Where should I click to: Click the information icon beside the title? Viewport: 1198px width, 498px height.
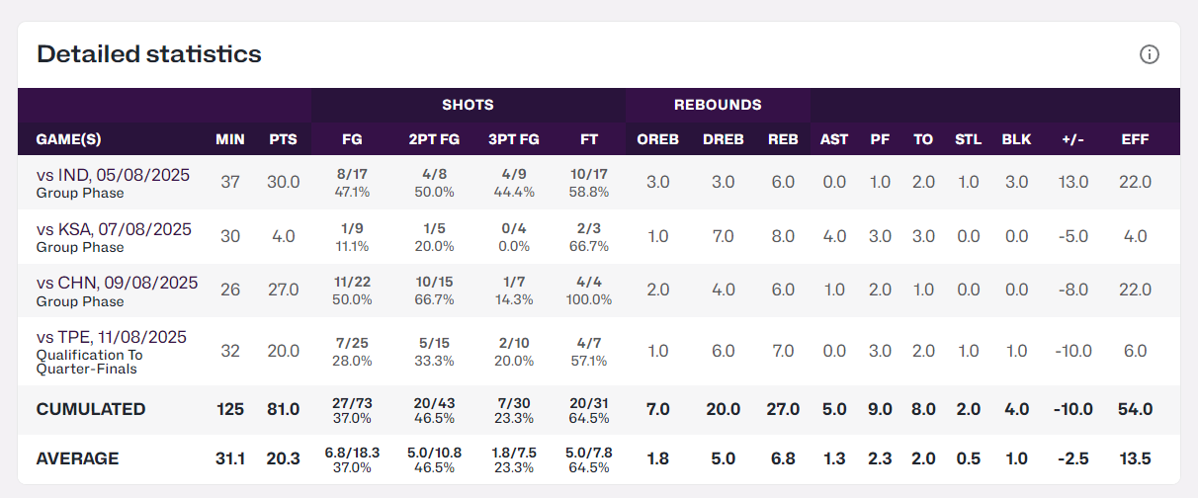1149,54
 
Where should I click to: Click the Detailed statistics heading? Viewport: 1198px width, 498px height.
149,54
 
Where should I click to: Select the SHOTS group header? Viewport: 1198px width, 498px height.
468,105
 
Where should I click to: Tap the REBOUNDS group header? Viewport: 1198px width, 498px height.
718,105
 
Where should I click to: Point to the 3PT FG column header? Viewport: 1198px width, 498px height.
514,139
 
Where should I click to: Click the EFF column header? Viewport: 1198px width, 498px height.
1135,139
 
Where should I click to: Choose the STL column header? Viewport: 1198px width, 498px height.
968,139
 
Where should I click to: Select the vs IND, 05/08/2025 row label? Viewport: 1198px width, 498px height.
113,175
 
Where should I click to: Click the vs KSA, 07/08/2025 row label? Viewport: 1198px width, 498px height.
114,229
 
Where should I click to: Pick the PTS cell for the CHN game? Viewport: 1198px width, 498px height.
284,290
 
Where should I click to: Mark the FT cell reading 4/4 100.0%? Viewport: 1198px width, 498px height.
589,290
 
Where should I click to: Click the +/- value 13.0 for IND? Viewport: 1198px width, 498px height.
1072,183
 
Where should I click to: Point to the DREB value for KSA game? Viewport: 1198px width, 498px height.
722,237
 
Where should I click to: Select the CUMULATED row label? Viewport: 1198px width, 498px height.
91,409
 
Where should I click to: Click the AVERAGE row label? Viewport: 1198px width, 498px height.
78,458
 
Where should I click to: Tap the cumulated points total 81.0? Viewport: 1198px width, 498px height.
284,409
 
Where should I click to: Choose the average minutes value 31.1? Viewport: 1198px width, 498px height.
230,458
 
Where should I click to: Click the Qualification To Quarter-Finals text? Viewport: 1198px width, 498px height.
90,362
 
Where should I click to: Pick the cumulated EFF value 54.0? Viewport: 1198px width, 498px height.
1135,409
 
